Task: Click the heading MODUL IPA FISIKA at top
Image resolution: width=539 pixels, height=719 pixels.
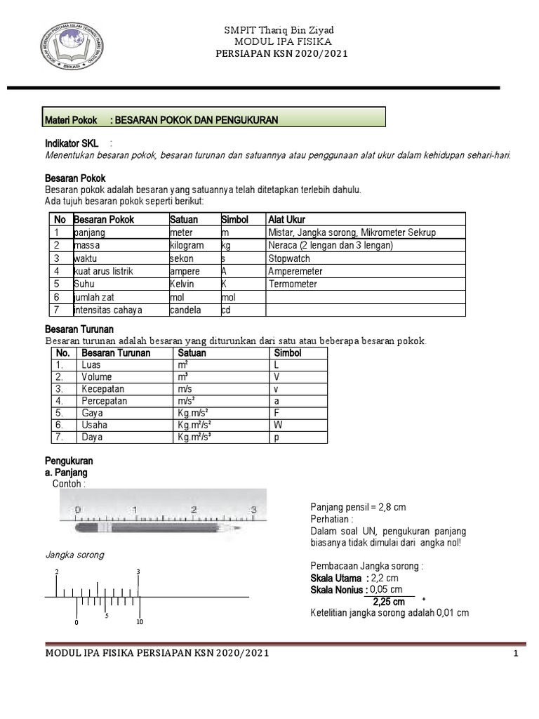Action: [x=278, y=42]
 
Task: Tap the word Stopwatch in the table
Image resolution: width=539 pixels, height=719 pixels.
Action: [x=288, y=258]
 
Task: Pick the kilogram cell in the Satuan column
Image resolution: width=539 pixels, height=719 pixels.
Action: [x=186, y=246]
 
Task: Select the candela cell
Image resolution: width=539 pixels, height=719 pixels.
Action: [x=185, y=310]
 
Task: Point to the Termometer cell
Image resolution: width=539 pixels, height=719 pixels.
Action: [x=293, y=284]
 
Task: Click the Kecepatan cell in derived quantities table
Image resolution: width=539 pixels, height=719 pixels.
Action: [x=103, y=389]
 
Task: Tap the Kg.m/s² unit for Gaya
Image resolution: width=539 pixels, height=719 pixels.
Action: [x=194, y=413]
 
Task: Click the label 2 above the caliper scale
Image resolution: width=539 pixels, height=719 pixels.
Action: [x=57, y=572]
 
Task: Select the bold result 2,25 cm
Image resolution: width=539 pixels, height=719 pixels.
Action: [x=389, y=602]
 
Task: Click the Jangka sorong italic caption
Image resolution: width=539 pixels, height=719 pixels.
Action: [x=74, y=555]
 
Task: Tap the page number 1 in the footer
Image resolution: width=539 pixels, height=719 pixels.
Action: [x=515, y=654]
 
